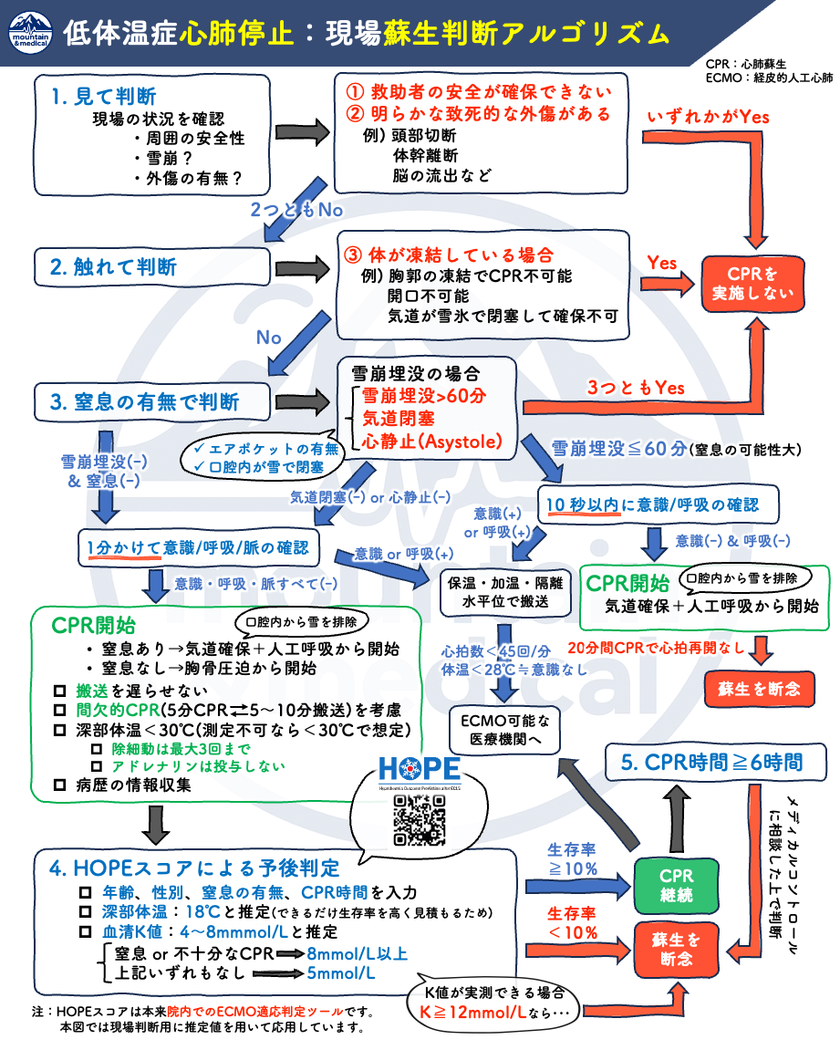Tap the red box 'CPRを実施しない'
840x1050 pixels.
pos(752,284)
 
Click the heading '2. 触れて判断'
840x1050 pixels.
pos(113,267)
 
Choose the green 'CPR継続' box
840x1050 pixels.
pos(676,884)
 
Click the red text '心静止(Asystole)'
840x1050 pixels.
pos(432,442)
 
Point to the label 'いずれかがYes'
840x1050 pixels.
pos(708,117)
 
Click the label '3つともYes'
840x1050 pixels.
pos(635,388)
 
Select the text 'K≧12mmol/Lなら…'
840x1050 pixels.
pos(493,1013)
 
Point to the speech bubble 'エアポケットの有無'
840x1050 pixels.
pos(268,449)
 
